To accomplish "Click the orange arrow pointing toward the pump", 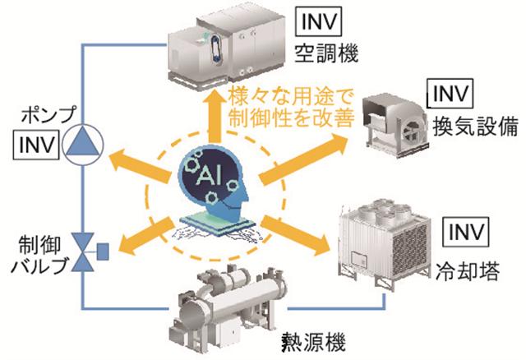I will click(x=127, y=155).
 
